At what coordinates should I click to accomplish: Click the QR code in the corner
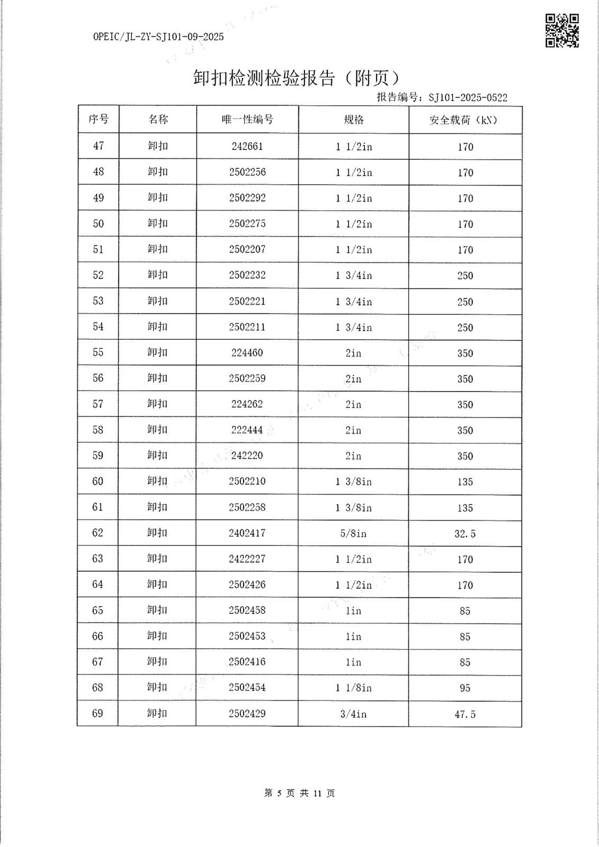pos(562,31)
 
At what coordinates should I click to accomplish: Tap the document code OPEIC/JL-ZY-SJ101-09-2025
pos(158,37)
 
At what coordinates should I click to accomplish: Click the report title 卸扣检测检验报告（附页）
pos(297,78)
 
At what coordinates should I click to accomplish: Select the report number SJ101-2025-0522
pos(468,97)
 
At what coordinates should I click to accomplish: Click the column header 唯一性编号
pos(247,120)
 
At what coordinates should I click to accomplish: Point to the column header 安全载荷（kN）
pos(464,120)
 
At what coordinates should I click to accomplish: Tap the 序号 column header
pos(99,120)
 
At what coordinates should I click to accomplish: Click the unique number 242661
pos(247,146)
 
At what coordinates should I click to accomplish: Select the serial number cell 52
pos(99,275)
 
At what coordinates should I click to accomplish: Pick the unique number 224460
pos(247,353)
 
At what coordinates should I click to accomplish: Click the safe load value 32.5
pos(465,534)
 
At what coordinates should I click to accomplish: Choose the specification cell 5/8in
pos(353,533)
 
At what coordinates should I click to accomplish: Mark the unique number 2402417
pos(247,533)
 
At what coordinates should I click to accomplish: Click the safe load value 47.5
pos(465,715)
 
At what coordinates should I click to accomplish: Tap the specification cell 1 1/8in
pos(353,688)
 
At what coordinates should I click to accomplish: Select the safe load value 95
pos(465,688)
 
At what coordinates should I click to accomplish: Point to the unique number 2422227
pos(247,559)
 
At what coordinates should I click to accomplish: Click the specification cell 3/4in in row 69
pos(353,714)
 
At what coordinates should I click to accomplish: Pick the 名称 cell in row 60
pos(157,481)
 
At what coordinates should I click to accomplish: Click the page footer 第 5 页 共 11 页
pos(299,793)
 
